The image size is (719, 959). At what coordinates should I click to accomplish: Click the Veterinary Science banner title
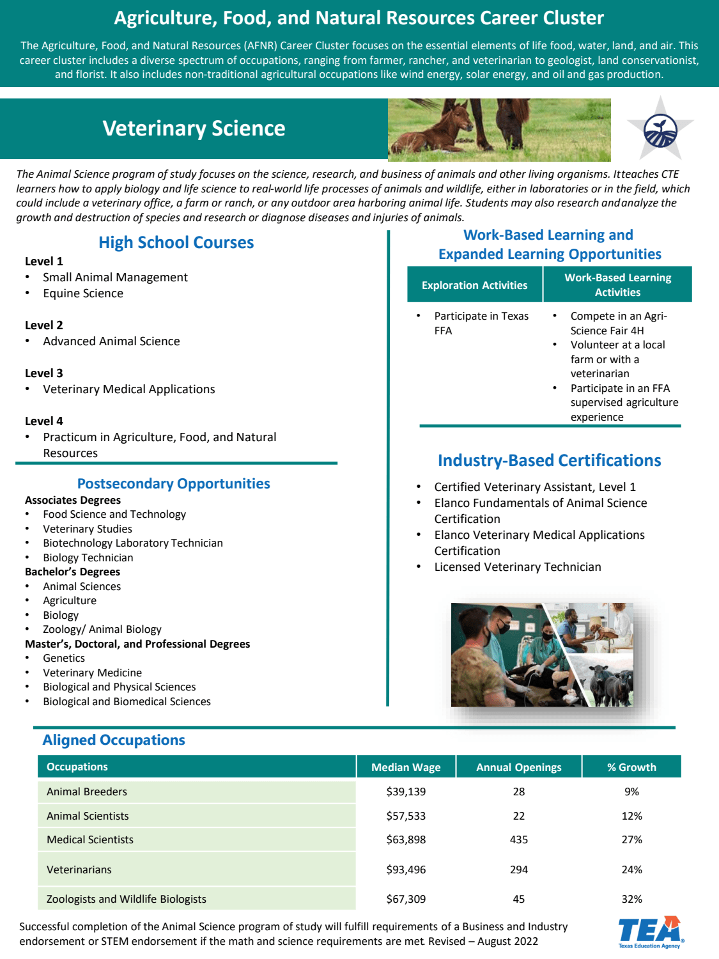(194, 129)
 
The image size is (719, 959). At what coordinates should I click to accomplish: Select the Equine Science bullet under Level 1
(83, 293)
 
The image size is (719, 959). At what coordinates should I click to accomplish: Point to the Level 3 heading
(44, 373)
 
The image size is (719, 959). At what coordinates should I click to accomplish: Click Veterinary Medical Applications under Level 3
(128, 389)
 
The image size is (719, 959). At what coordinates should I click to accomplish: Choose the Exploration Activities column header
(474, 285)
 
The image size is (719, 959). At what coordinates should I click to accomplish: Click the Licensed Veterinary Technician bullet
(517, 567)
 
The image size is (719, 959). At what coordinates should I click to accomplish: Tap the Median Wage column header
(406, 767)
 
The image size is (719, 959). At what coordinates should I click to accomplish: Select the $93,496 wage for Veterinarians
(406, 869)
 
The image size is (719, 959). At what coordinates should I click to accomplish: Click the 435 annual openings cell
(518, 839)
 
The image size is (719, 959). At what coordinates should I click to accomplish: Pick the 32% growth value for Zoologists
(631, 899)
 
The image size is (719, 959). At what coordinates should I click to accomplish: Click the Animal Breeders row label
(87, 791)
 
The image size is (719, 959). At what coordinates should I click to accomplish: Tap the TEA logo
(650, 932)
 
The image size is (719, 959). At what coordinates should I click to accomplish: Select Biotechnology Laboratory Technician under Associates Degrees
(132, 543)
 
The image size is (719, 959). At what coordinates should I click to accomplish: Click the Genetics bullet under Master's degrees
(64, 658)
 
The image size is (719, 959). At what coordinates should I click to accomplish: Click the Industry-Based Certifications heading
(549, 460)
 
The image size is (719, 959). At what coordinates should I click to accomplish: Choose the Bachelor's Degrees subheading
(72, 572)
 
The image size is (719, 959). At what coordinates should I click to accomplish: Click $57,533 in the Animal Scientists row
(406, 816)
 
